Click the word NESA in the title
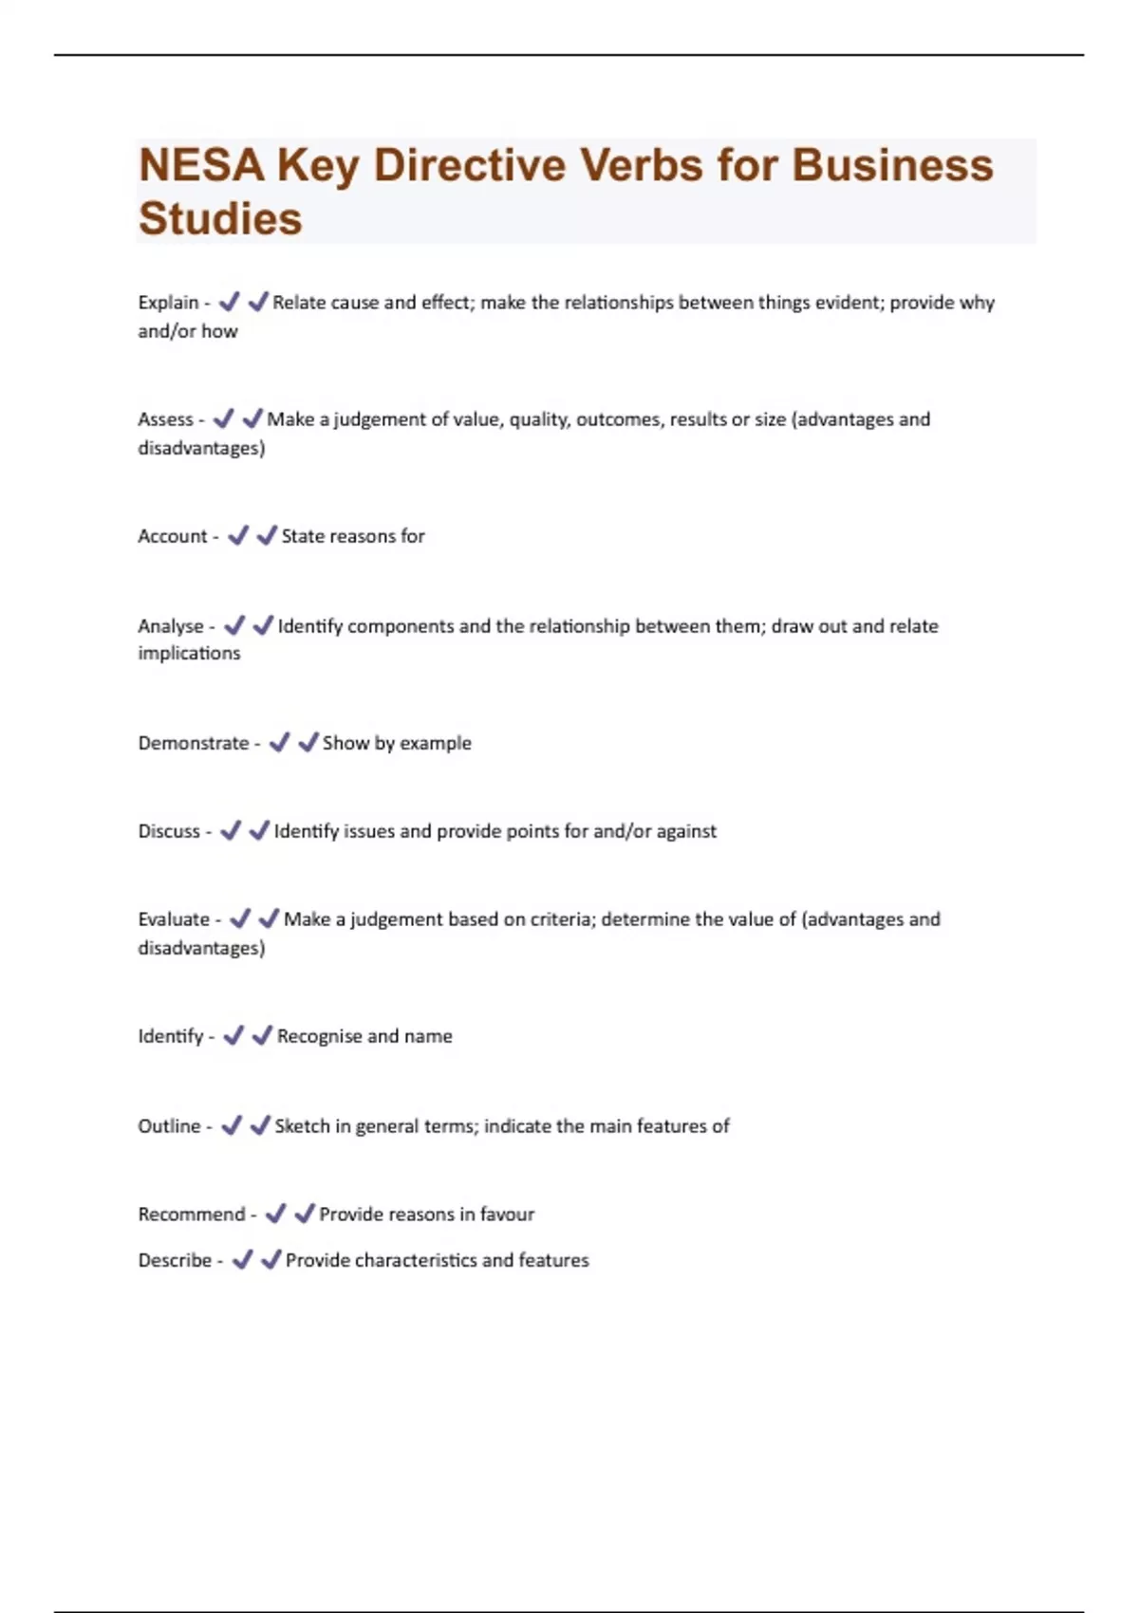[201, 166]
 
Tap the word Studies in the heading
[220, 219]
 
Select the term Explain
[168, 303]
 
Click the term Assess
[165, 419]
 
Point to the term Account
[172, 536]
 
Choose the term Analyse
[171, 626]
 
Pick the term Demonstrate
[193, 743]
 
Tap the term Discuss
[169, 831]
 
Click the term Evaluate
[174, 919]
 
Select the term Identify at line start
[171, 1036]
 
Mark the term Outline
[169, 1126]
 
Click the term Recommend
[191, 1214]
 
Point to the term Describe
[175, 1260]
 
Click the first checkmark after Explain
[229, 302]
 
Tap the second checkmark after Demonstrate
[308, 742]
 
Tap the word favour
[507, 1214]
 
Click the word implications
[189, 654]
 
